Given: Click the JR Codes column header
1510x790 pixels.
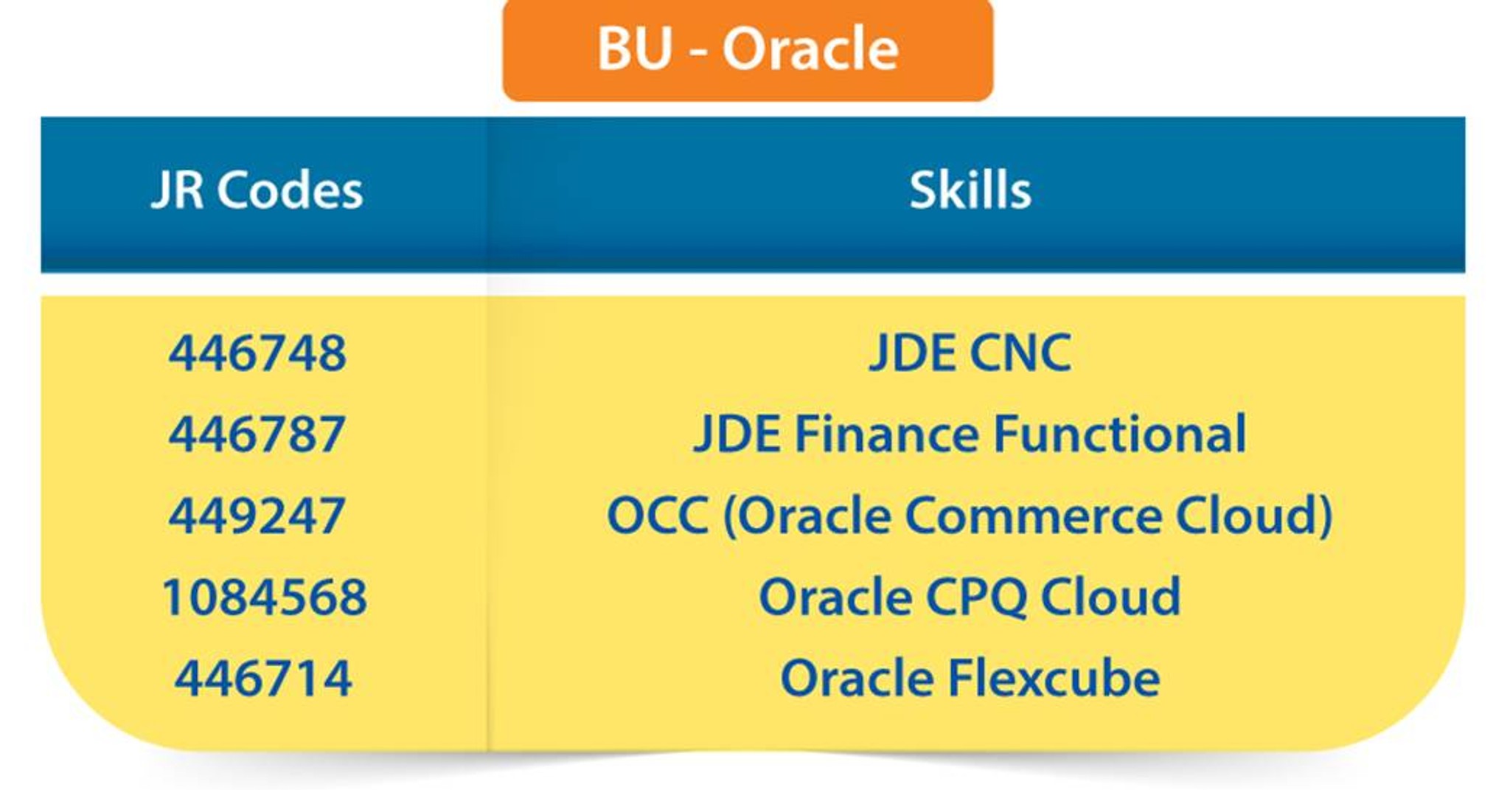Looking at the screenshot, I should pos(257,190).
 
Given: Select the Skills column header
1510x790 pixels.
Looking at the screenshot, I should pos(970,190).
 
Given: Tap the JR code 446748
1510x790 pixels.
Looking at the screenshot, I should pos(257,353).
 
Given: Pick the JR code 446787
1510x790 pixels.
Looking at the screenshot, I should pos(257,434).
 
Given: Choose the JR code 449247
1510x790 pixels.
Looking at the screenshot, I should pos(257,515).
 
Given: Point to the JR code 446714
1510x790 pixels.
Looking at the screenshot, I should pos(263,678).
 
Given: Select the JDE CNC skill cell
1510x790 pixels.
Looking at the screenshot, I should pos(970,353).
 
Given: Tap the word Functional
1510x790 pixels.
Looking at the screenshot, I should pos(1119,434).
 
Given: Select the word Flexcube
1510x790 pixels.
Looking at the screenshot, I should pos(1054,678).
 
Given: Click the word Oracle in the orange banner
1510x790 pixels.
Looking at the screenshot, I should pos(810,49).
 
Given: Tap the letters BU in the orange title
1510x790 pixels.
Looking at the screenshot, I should pos(635,49).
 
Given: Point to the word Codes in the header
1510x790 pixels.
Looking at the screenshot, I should pos(289,190).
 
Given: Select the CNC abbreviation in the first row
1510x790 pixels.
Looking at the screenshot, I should pos(1020,353).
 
